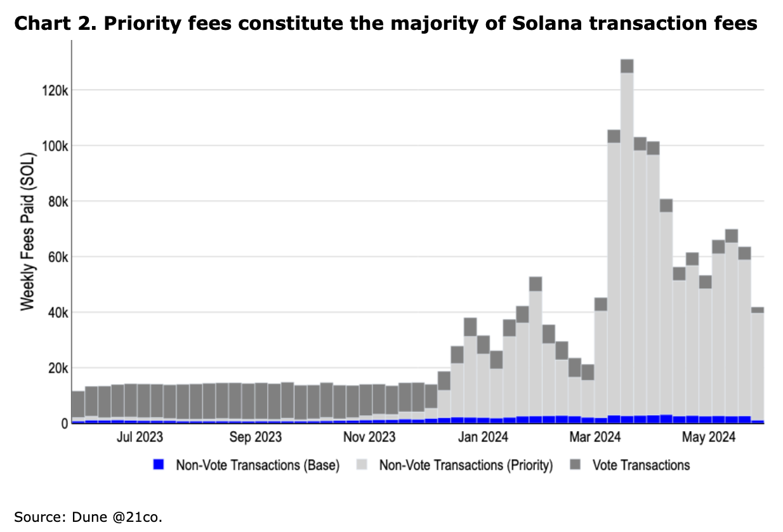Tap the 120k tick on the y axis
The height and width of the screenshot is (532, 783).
55,90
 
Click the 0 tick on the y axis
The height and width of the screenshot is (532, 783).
64,423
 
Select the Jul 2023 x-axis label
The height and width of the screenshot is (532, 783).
139,438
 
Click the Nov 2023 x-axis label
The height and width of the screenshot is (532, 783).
369,438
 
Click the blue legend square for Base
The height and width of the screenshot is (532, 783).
159,465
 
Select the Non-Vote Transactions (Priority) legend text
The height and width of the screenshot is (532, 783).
466,465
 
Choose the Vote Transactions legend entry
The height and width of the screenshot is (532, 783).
641,465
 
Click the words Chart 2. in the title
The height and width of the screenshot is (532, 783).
48,24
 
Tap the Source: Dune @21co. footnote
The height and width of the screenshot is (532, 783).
88,517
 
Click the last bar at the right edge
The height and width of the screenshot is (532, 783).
758,365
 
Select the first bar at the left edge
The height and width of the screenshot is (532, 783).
78,407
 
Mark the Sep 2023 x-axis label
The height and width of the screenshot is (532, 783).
255,438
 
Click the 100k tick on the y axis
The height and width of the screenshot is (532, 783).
55,146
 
